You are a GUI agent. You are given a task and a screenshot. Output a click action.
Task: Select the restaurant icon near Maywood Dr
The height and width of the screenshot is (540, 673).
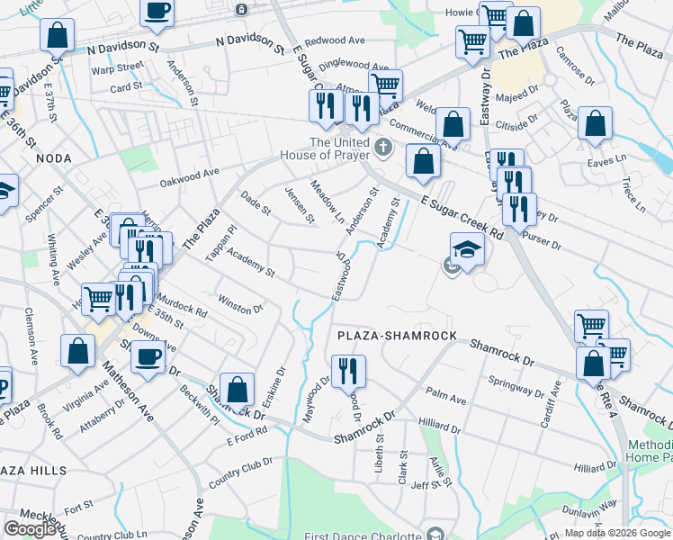(x=348, y=370)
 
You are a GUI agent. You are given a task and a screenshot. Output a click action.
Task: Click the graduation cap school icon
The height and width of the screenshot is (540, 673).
(x=467, y=249)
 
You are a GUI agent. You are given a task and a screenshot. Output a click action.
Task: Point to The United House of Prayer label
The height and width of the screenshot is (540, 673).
(x=339, y=148)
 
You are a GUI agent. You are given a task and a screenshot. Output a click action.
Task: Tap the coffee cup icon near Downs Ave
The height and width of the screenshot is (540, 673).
(x=148, y=355)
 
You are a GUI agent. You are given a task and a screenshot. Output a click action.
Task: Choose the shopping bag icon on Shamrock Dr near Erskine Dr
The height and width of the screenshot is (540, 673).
(x=237, y=390)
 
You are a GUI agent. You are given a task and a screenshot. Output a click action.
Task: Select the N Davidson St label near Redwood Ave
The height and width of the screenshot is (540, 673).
(x=251, y=43)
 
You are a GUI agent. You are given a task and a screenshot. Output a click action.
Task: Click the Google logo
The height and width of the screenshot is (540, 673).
(x=30, y=529)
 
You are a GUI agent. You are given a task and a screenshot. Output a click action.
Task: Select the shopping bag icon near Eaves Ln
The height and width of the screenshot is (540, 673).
(x=595, y=124)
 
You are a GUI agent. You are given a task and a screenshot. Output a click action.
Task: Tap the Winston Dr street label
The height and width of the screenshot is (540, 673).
(x=239, y=303)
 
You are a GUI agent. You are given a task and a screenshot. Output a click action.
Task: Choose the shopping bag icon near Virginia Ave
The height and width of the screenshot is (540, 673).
(x=78, y=352)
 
